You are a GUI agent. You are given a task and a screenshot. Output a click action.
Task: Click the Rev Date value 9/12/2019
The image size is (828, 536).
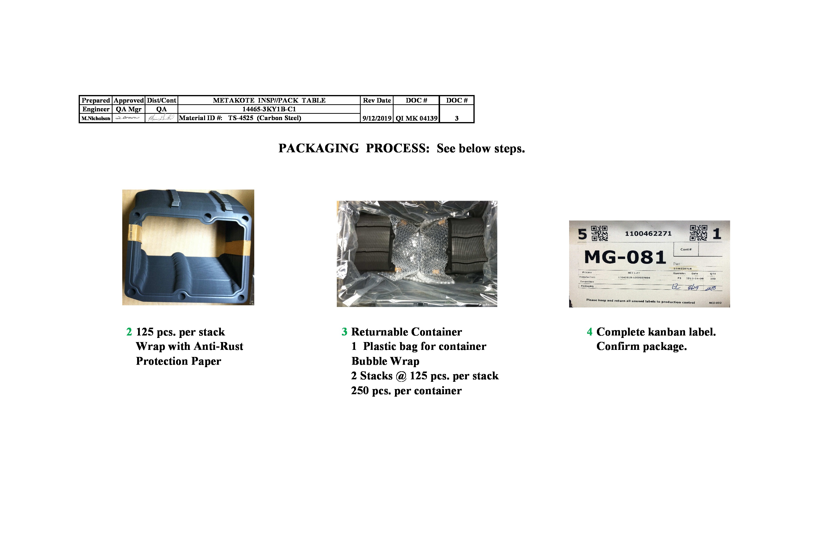377,118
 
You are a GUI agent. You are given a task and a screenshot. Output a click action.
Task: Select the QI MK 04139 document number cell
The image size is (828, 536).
416,118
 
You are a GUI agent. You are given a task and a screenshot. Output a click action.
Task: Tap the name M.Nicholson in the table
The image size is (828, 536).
96,118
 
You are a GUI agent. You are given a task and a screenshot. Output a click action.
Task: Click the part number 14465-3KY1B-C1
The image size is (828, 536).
269,109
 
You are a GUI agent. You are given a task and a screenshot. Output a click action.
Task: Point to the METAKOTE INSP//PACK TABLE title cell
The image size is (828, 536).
269,100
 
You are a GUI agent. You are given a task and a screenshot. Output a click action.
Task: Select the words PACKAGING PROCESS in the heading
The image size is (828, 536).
353,148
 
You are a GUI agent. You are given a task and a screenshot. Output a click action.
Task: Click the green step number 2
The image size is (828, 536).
129,332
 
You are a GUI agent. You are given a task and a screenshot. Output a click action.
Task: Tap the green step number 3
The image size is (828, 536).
344,332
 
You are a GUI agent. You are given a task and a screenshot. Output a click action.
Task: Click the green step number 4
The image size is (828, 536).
589,332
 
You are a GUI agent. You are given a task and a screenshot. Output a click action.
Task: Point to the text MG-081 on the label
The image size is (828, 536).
625,258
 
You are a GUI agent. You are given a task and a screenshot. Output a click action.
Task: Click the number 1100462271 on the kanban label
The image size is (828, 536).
648,234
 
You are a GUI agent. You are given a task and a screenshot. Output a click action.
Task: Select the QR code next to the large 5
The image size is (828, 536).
599,233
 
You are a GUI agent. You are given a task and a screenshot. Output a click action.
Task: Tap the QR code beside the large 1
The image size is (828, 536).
698,233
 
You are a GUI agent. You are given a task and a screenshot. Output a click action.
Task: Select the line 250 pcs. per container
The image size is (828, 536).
406,391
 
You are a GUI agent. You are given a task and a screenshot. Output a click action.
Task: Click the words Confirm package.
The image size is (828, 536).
641,347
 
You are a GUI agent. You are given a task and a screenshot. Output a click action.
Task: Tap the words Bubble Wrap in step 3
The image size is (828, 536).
385,361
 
